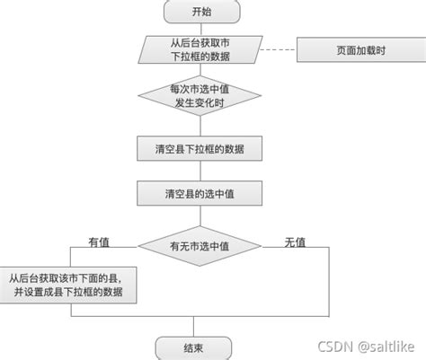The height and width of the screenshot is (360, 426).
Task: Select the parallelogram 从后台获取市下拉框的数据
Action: click(200, 50)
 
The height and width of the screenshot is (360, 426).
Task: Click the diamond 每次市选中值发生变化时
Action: click(200, 94)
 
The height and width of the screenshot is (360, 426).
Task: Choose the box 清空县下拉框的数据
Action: click(200, 148)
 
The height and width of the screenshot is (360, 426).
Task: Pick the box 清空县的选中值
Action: click(200, 193)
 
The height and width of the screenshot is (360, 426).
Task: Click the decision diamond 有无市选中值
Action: click(200, 244)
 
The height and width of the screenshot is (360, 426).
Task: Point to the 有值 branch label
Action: click(99, 241)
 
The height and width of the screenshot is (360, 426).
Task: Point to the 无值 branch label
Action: click(295, 241)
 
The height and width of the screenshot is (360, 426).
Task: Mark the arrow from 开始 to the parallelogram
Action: click(200, 29)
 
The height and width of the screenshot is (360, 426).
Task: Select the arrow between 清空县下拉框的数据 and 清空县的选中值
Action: click(200, 171)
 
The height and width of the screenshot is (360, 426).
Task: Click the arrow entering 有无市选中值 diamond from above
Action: click(200, 216)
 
